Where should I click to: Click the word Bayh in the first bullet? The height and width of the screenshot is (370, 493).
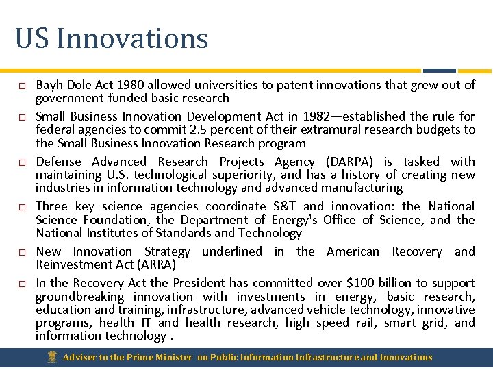(49, 85)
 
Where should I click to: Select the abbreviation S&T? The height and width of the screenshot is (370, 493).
(285, 206)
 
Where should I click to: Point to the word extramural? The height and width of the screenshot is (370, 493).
(316, 129)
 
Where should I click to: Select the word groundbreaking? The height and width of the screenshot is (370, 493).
(79, 297)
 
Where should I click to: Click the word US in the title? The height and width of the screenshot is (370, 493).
(32, 38)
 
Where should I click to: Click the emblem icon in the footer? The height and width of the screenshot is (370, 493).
(52, 357)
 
